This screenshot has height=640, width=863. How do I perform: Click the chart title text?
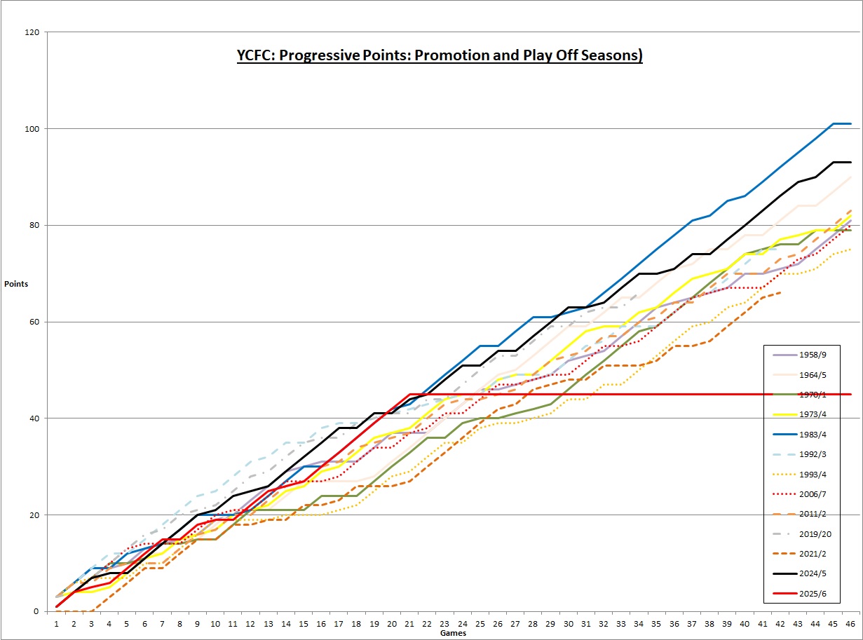(x=440, y=55)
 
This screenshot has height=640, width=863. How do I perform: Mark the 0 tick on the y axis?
(x=41, y=611)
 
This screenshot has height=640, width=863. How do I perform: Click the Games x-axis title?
(x=453, y=633)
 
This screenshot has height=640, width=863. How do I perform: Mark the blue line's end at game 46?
(x=850, y=124)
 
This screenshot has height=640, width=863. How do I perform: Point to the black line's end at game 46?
(x=850, y=163)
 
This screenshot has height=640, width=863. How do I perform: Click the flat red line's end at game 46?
(x=850, y=394)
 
